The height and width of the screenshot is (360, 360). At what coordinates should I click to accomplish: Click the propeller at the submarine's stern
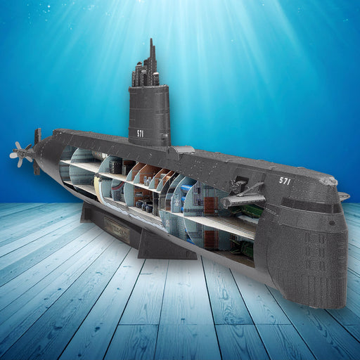[x=21, y=153]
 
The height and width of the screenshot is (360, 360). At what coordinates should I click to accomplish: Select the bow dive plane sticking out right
[x=343, y=196]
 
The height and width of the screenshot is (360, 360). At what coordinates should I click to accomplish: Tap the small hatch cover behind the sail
[x=182, y=150]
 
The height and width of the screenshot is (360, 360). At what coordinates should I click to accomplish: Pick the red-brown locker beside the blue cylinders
[x=209, y=206]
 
